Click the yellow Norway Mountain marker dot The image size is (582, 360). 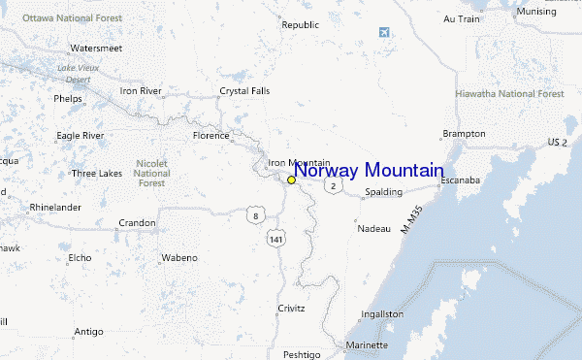[291, 180]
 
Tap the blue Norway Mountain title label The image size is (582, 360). [369, 171]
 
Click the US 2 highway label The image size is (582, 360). [557, 142]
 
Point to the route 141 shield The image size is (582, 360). [278, 238]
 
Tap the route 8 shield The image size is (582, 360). [253, 214]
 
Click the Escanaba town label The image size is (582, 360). [462, 180]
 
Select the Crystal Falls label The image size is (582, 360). [244, 90]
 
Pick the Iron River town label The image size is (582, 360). [140, 90]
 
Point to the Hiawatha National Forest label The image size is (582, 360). [510, 94]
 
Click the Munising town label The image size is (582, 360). [536, 11]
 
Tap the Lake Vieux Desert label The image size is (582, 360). [79, 73]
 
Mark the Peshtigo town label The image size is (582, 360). [302, 354]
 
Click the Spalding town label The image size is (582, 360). [383, 192]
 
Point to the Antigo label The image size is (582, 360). [88, 331]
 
